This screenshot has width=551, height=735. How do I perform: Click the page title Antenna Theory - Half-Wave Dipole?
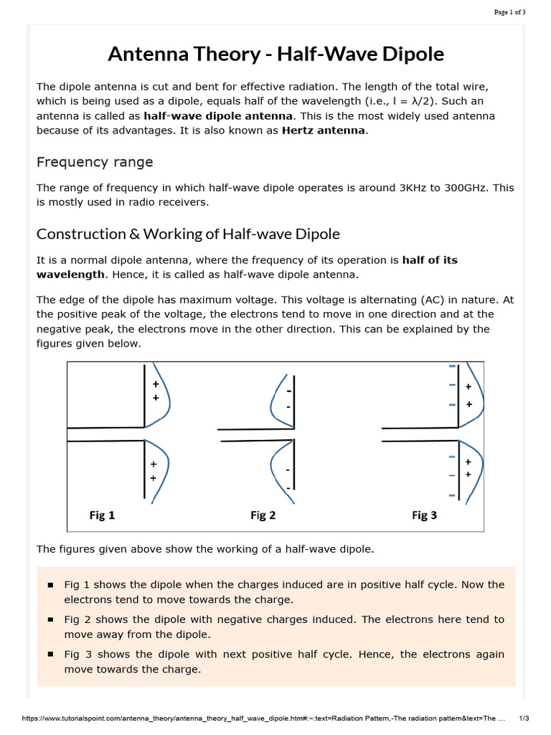275,54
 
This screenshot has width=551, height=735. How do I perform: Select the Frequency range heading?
95,161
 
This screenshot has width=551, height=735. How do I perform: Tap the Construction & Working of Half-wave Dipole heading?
188,234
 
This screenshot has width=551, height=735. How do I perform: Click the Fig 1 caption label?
102,515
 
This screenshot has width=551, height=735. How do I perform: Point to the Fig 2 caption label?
263,515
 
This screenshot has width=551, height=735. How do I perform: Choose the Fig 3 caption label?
424,515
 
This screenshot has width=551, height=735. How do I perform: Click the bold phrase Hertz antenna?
324,130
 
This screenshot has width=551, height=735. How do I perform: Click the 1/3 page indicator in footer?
524,718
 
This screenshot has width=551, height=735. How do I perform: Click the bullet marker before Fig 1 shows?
50,585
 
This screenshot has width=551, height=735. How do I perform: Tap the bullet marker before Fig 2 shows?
50,619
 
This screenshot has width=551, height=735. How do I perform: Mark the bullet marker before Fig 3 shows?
50,655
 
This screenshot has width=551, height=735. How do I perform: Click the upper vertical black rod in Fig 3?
459,395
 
